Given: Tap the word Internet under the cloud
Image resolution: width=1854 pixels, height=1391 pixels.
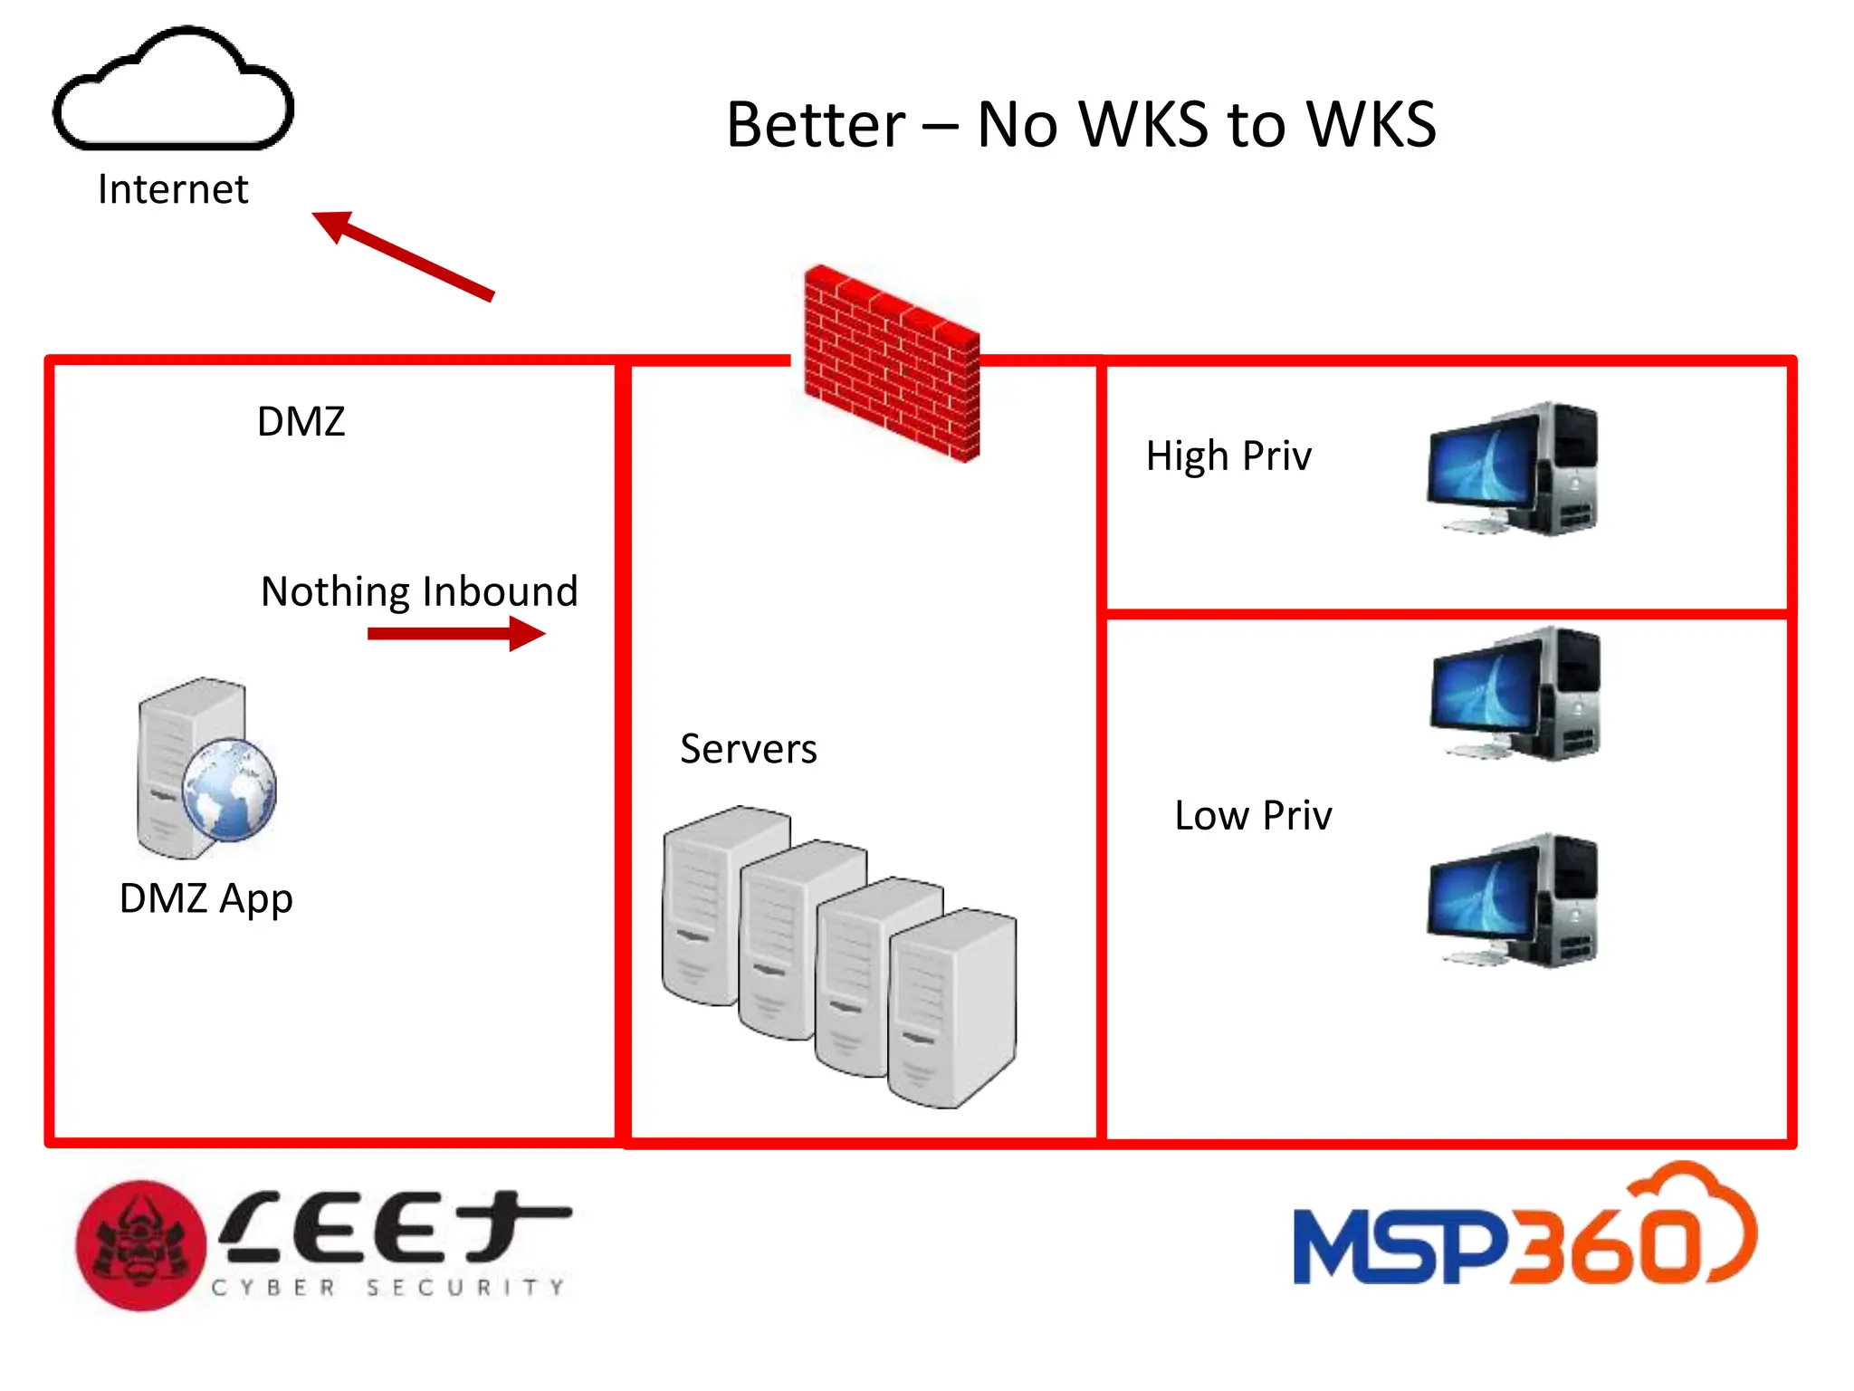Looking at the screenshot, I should click(x=172, y=189).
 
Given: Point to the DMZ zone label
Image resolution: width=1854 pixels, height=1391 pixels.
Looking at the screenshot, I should click(x=301, y=421).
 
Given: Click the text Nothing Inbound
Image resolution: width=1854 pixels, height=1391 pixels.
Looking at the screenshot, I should click(x=419, y=591).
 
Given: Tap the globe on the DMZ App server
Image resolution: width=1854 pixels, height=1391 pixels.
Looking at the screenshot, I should click(x=229, y=789).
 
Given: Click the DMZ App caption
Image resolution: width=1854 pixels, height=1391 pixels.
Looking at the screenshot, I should click(x=206, y=898).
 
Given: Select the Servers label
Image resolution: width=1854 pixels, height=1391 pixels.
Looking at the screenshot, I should click(x=748, y=749).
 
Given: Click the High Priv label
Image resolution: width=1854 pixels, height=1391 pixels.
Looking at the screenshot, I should click(x=1228, y=456).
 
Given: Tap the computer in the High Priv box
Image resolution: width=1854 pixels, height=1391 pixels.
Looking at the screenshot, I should click(x=1512, y=469).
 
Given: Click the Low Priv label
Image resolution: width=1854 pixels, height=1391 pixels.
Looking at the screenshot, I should click(x=1252, y=815).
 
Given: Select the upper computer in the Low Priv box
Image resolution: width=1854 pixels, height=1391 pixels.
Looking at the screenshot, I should click(x=1515, y=694).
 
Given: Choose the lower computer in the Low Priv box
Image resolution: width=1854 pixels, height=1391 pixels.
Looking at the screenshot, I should click(x=1512, y=901).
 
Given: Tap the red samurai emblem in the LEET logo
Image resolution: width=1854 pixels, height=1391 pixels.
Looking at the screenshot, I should click(x=140, y=1245).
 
